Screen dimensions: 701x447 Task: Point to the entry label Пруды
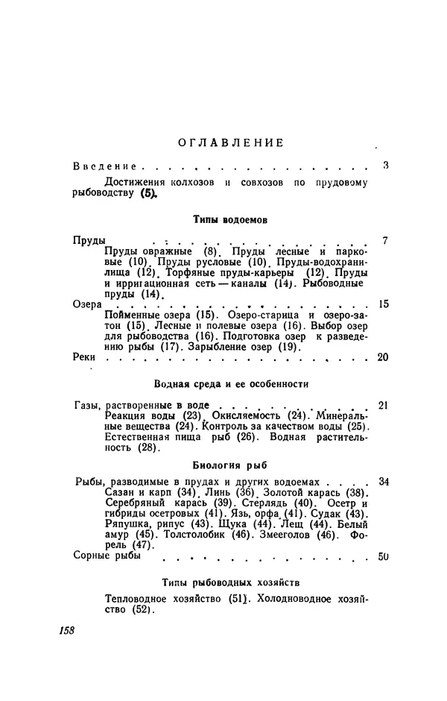click(x=89, y=241)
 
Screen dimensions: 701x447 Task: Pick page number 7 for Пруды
click(x=385, y=241)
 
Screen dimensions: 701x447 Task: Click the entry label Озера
click(x=89, y=304)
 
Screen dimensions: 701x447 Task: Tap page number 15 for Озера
click(x=384, y=304)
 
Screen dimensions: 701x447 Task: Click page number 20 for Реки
click(x=384, y=357)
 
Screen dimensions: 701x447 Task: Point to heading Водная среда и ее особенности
click(x=231, y=383)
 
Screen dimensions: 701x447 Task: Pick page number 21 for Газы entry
click(x=384, y=404)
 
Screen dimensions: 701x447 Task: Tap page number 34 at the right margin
click(x=384, y=482)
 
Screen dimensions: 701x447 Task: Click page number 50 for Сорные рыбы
click(x=384, y=556)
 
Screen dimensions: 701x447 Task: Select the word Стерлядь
click(x=233, y=507)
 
